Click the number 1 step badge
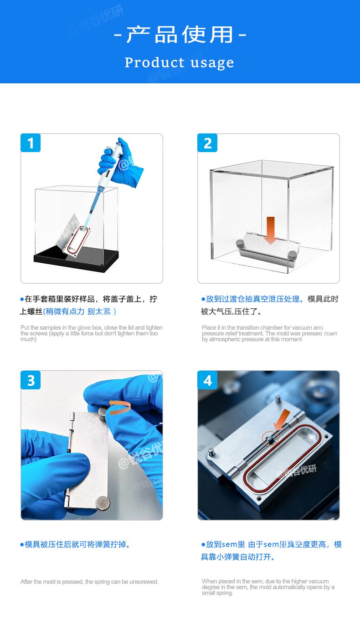click(x=31, y=143)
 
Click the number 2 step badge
click(x=207, y=143)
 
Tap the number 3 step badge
click(x=31, y=380)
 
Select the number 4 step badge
click(x=207, y=380)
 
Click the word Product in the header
click(x=155, y=62)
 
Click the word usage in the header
click(x=212, y=63)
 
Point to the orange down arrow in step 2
click(x=271, y=230)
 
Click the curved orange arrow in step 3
click(x=120, y=407)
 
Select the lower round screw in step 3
click(x=103, y=503)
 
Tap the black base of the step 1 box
click(x=76, y=259)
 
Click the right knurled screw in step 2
click(x=293, y=255)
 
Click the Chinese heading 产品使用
click(x=180, y=35)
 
